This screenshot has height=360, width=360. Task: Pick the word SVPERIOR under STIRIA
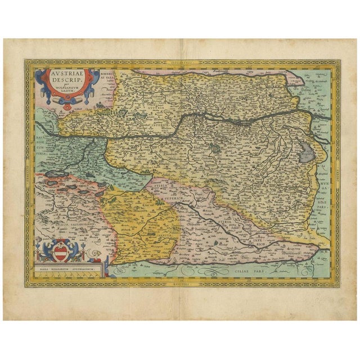171,199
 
